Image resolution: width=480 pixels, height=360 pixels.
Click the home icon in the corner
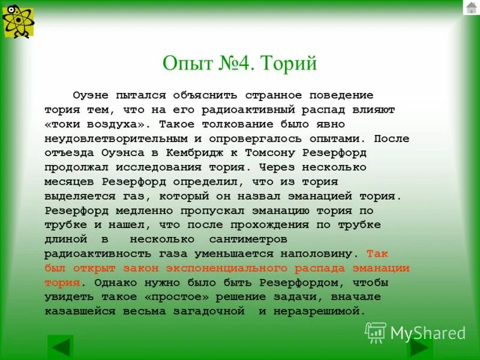[x=470, y=8]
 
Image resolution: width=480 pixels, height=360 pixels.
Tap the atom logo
[x=18, y=21]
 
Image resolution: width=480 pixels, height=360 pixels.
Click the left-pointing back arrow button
[x=60, y=347]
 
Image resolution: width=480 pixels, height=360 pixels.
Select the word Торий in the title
[x=290, y=63]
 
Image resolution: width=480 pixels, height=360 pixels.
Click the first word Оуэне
[x=92, y=95]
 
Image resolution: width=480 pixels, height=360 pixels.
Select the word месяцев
[x=70, y=181]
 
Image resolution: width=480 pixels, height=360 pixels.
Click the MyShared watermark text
[x=428, y=333]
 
